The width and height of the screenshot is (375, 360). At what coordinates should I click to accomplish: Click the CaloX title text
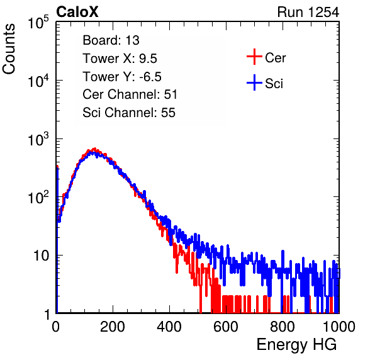coord(77,12)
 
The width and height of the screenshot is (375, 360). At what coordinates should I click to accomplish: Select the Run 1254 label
coord(308,12)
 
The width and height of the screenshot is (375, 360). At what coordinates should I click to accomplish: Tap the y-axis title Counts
coord(9,49)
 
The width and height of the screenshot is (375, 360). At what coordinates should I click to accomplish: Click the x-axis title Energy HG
coord(296,345)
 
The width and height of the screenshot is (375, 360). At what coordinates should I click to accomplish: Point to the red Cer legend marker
coord(254,57)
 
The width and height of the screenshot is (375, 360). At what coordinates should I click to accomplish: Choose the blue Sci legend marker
coord(254,82)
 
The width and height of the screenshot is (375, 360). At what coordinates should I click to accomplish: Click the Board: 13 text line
coord(111,40)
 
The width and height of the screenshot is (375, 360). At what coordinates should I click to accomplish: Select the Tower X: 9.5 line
coord(120,59)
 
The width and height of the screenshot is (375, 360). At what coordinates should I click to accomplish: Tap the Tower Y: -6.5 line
coord(122,77)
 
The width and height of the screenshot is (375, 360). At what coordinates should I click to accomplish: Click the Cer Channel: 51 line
coord(130,94)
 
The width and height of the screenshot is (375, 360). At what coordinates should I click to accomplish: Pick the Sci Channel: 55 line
coord(129,113)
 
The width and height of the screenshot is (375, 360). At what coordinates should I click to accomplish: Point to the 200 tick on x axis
coord(113,327)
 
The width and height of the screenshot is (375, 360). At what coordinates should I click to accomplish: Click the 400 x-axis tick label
coord(169,327)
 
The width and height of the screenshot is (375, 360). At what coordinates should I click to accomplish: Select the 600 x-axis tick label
coord(226,327)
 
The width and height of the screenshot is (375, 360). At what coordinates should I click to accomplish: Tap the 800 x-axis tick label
coord(283,327)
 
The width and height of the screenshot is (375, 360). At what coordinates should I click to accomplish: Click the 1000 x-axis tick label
coord(339,327)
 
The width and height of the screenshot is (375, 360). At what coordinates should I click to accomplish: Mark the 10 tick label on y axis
coord(41,256)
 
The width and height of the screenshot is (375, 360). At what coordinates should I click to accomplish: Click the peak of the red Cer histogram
coord(95,149)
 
